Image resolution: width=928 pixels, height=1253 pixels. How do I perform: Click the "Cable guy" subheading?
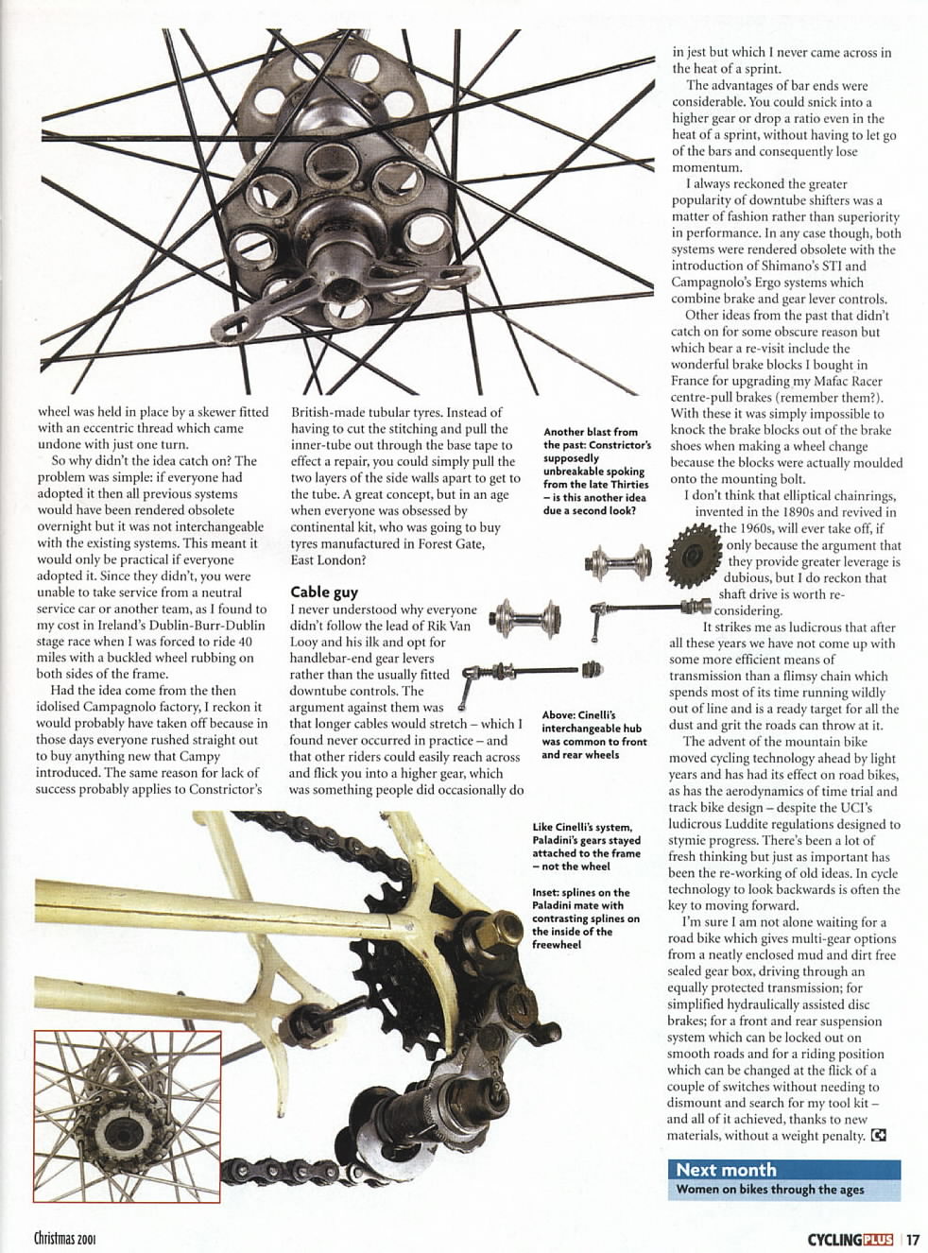(323, 592)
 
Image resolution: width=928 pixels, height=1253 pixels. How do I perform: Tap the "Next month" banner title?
(726, 1170)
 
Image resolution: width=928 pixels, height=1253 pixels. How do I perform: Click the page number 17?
(912, 1240)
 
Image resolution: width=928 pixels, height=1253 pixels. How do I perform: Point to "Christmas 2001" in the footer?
(65, 1239)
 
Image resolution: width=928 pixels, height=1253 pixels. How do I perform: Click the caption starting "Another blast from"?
(596, 471)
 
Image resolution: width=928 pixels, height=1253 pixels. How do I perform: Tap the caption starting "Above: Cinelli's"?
(593, 734)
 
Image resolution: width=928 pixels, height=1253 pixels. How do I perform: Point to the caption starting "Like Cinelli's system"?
(586, 847)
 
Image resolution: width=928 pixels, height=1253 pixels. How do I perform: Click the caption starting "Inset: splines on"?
(585, 918)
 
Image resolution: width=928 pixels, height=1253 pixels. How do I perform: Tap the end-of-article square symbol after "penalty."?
(879, 1136)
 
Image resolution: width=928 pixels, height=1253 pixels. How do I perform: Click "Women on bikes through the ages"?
(769, 1190)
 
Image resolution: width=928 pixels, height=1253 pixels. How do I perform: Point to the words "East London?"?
(327, 559)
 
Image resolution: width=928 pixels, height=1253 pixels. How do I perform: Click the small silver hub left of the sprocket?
(618, 563)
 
